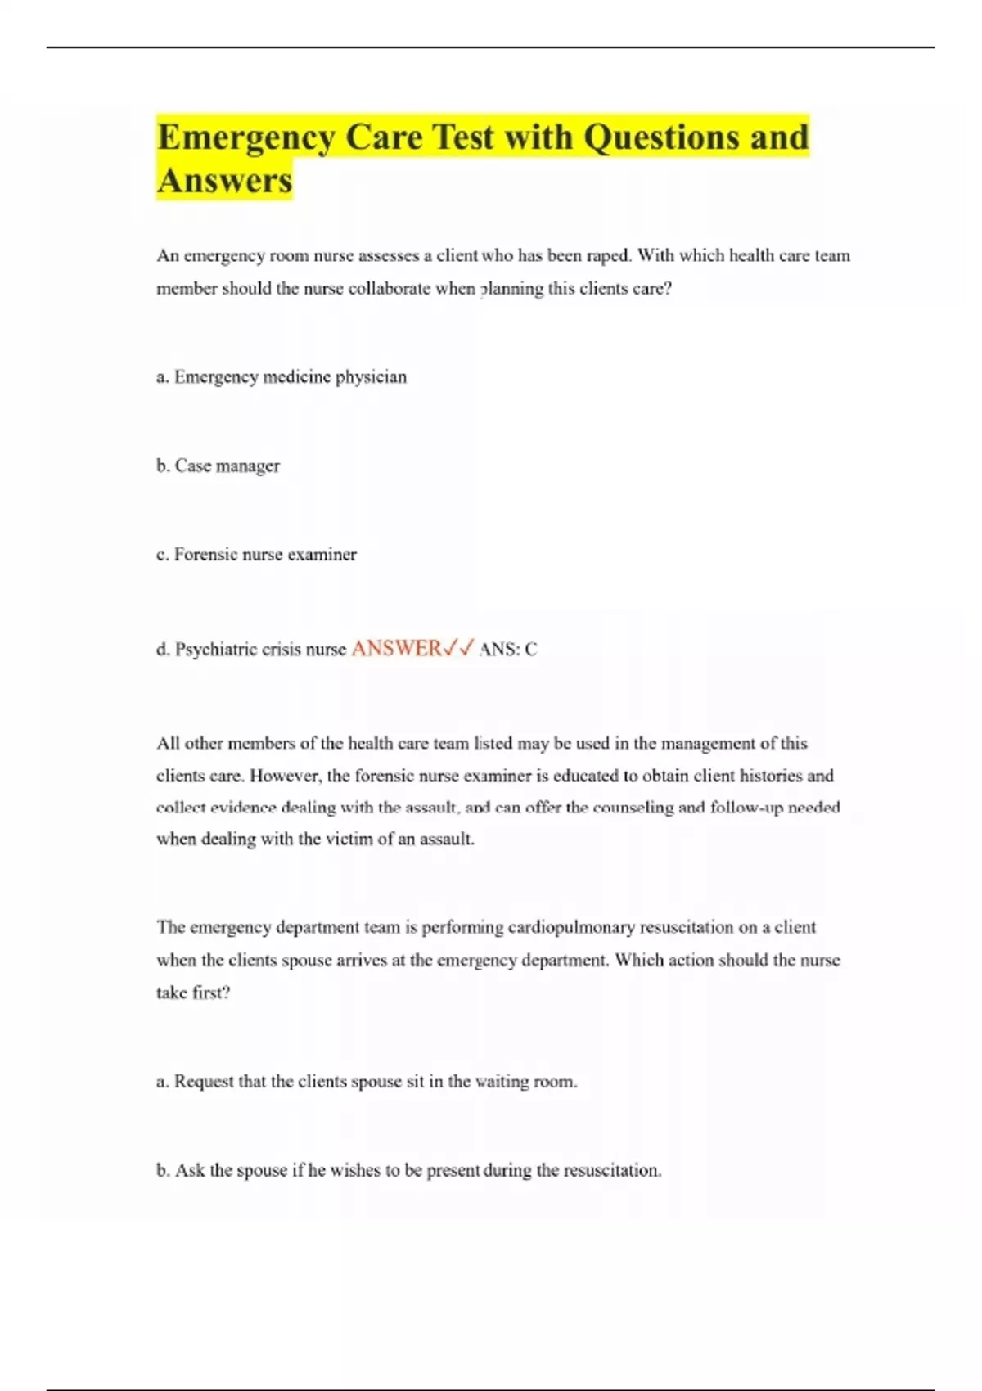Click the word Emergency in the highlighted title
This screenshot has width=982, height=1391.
pos(245,137)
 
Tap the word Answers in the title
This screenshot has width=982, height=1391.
pos(224,181)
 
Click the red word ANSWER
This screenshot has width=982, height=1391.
pos(396,649)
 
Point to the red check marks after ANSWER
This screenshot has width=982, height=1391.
pos(458,649)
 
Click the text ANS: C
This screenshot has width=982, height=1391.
pos(508,650)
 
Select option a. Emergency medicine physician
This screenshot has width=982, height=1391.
pos(282,377)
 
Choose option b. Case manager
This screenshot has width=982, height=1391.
pos(218,466)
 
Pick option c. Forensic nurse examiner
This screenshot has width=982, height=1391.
pos(256,555)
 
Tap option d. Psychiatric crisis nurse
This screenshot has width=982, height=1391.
pos(251,650)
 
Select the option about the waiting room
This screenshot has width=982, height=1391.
pos(367,1082)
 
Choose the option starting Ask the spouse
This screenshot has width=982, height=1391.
pos(408,1171)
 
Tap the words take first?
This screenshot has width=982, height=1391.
pos(193,993)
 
